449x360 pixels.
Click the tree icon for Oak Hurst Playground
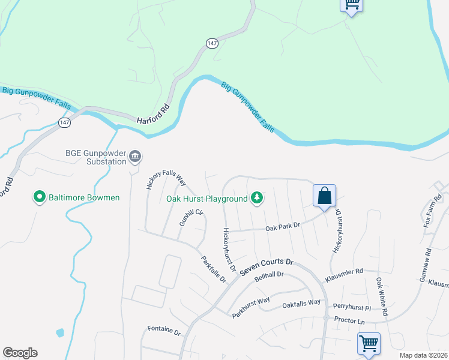[257, 197]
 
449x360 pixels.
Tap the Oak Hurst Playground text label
[206, 199]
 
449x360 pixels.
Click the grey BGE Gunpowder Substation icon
[135, 157]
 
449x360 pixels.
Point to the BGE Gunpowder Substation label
[98, 157]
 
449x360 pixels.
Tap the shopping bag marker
[324, 196]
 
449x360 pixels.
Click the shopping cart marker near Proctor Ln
[369, 344]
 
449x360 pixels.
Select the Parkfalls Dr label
[213, 270]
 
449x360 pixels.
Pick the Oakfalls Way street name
[301, 304]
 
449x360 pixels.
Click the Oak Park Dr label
[282, 229]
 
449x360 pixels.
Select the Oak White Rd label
[382, 296]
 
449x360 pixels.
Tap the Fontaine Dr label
[164, 330]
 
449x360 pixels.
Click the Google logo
[20, 353]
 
